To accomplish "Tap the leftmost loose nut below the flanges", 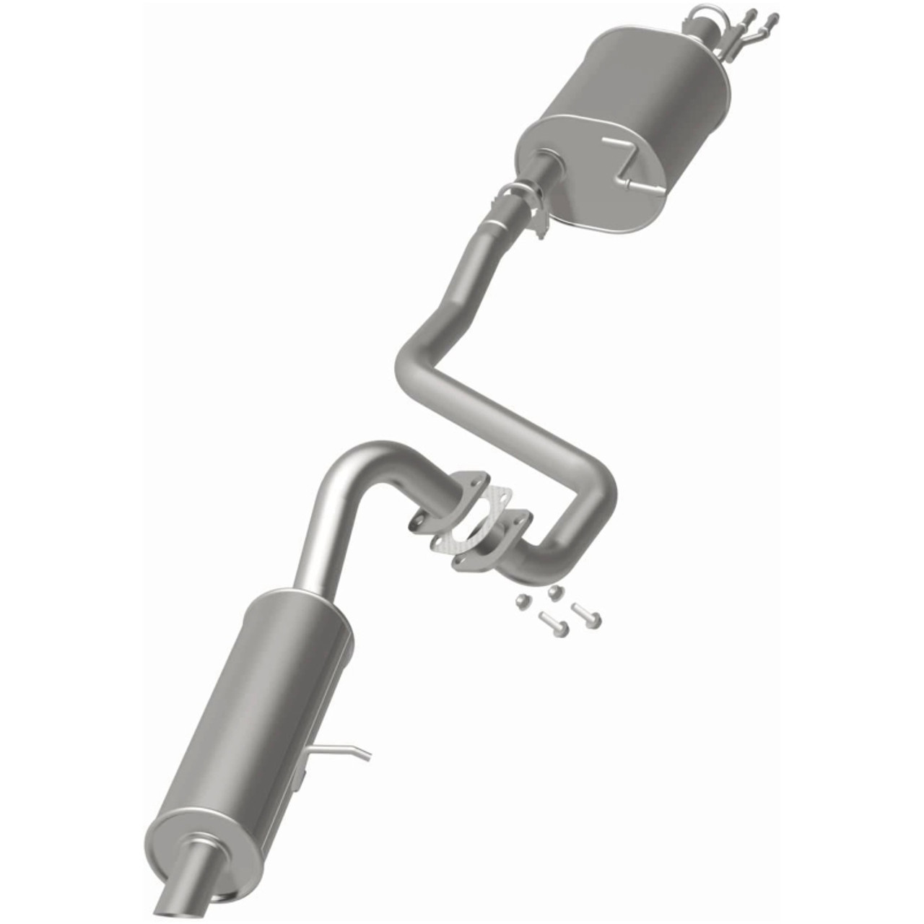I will (x=522, y=601).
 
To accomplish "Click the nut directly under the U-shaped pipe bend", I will (x=554, y=593).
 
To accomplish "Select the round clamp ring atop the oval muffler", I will (x=703, y=14).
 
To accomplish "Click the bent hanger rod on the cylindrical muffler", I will (x=339, y=751).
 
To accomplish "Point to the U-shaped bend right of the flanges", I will (x=577, y=520).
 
